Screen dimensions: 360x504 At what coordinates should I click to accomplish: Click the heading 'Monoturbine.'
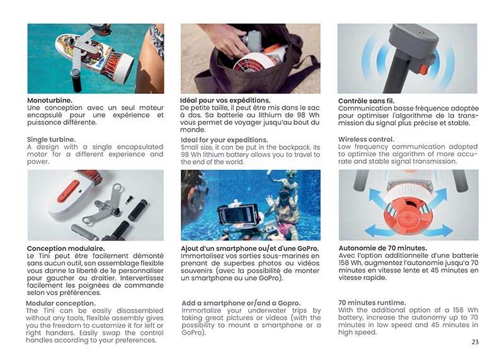click(x=50, y=100)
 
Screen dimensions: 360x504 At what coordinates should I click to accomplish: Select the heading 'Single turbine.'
click(x=51, y=139)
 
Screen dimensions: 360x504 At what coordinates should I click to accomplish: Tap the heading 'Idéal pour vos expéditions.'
click(x=225, y=100)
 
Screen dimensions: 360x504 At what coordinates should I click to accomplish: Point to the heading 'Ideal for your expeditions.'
click(x=224, y=140)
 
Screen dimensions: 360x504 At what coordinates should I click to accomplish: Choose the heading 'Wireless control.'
click(x=366, y=139)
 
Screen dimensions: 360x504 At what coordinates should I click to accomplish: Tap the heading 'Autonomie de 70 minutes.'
click(x=382, y=248)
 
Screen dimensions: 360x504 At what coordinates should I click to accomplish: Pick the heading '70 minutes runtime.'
click(x=372, y=303)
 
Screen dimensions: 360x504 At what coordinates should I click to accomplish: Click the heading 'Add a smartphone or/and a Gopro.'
click(x=241, y=303)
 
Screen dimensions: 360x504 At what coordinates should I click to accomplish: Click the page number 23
click(x=474, y=342)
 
